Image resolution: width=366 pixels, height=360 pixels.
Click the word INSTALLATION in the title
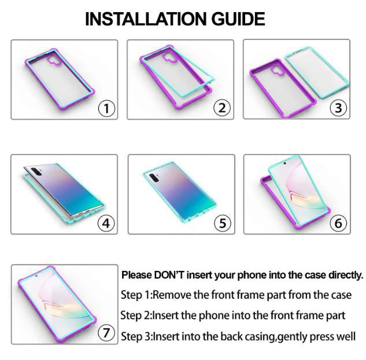click(146, 19)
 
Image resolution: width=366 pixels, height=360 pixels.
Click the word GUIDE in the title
click(238, 19)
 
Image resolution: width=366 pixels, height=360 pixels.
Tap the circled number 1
click(106, 108)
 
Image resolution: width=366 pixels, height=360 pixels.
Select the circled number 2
click(222, 108)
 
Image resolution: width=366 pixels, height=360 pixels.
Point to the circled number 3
click(338, 108)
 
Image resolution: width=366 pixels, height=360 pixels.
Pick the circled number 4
click(106, 223)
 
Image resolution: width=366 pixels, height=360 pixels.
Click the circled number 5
click(223, 223)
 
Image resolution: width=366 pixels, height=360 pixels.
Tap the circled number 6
click(338, 223)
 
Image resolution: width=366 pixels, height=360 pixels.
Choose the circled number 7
click(106, 332)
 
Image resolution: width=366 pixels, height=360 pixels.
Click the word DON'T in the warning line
click(169, 275)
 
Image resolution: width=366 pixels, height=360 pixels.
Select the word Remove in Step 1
click(172, 295)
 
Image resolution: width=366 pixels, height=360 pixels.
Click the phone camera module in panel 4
click(36, 172)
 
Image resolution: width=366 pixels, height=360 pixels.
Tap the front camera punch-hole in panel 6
click(284, 163)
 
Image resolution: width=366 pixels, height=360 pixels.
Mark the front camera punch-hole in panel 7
click(36, 275)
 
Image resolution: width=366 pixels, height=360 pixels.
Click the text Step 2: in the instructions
click(136, 315)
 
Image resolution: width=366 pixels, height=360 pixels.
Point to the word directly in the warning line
click(346, 275)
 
